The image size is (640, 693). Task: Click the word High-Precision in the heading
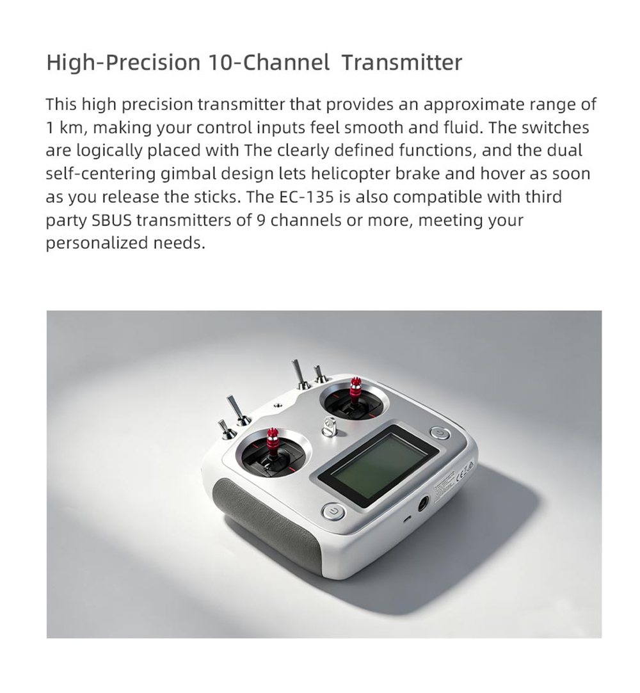[x=124, y=62]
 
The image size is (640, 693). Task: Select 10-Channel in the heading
[x=268, y=62]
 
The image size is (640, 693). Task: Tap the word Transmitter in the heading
[x=402, y=62]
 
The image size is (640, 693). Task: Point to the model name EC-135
[x=307, y=196]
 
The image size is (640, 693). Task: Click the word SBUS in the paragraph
[x=112, y=219]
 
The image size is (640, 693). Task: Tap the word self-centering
[x=100, y=173]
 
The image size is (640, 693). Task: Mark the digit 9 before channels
[x=260, y=219]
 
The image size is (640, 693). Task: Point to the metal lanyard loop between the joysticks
[x=329, y=427]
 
